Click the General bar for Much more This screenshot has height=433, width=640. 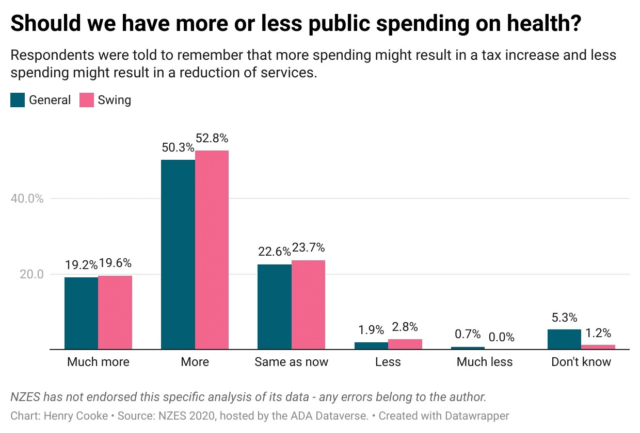[x=81, y=313]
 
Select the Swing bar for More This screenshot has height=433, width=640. [x=212, y=250]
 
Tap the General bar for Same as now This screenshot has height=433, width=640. [x=275, y=307]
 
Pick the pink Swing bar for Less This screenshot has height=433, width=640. [x=405, y=344]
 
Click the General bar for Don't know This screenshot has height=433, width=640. [x=564, y=339]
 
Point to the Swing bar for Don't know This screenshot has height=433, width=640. [x=598, y=347]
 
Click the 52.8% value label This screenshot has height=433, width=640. [x=212, y=138]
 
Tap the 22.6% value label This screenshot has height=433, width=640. [x=274, y=252]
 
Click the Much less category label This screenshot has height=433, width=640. [x=485, y=362]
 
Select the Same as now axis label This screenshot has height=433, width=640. [x=291, y=362]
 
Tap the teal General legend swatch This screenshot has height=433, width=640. [x=18, y=100]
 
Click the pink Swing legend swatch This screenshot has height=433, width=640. [x=86, y=100]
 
